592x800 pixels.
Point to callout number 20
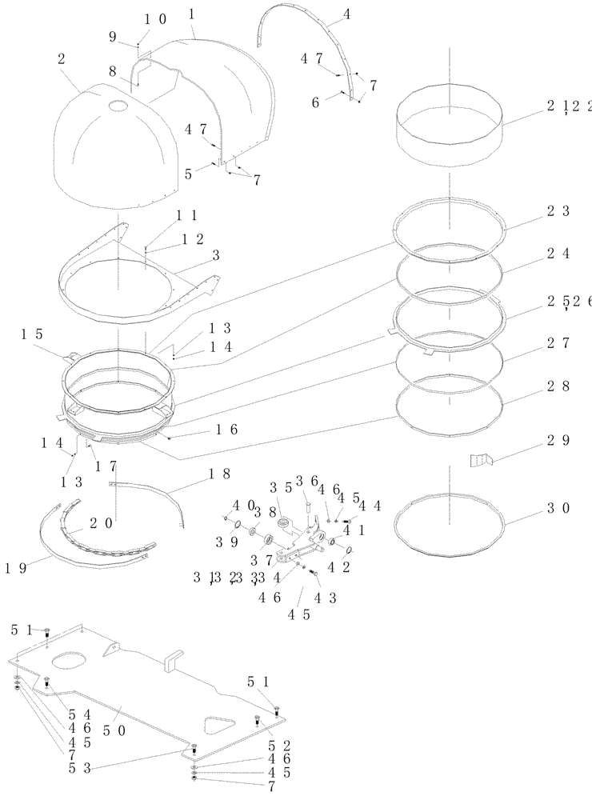pos(101,523)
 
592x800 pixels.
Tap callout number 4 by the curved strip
pos(346,14)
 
